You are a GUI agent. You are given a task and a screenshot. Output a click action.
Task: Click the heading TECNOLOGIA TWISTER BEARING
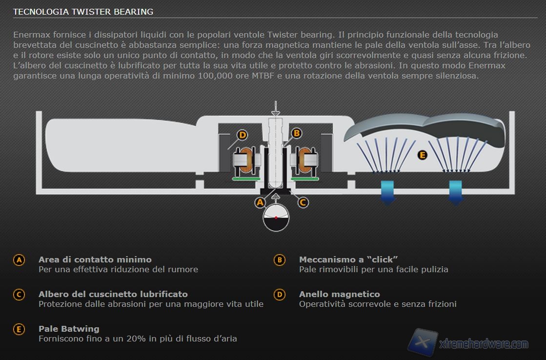(x=83, y=12)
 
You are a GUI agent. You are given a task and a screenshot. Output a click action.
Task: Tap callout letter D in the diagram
(x=242, y=135)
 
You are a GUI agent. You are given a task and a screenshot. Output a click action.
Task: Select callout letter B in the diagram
(x=297, y=133)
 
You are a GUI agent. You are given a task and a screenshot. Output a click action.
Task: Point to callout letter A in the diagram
(x=260, y=202)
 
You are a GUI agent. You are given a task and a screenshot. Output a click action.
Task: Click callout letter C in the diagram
(x=303, y=202)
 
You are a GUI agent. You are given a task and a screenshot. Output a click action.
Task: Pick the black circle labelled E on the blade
(x=423, y=155)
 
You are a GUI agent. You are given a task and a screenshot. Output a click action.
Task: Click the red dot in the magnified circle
(x=276, y=218)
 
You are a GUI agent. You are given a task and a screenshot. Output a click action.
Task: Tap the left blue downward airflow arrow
(x=387, y=192)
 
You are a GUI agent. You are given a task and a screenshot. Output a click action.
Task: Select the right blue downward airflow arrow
(x=455, y=192)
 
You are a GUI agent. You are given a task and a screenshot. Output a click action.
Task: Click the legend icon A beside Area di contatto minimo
(x=19, y=260)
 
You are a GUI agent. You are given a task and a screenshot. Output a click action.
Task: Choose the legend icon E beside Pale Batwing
(x=19, y=329)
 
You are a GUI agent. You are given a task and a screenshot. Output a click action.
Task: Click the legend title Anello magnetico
(x=340, y=294)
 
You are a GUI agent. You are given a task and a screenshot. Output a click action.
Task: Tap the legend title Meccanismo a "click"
(x=348, y=260)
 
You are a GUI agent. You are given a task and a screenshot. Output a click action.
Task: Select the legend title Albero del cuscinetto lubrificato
(x=113, y=294)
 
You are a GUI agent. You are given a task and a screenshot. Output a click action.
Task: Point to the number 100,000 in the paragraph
(x=215, y=76)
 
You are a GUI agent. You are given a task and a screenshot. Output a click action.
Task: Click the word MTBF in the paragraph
(x=263, y=76)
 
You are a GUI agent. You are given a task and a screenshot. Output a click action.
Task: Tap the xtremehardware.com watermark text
(x=484, y=344)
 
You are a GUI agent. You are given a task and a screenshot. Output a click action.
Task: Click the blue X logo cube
(x=423, y=342)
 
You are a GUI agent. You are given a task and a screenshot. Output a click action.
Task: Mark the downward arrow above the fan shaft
(x=275, y=108)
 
